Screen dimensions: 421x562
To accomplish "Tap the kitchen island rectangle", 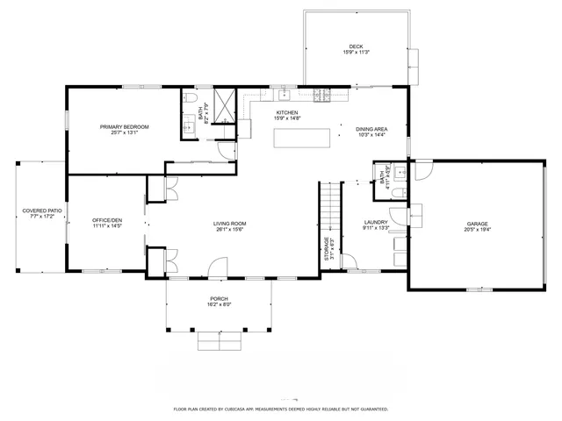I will tap(304, 138).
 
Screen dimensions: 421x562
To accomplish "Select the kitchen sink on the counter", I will tap(285, 94).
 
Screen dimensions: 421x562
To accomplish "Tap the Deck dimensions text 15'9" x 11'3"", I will tap(356, 53).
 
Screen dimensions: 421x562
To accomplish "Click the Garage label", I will tap(477, 224).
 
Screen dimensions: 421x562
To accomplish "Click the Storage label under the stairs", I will tap(328, 248).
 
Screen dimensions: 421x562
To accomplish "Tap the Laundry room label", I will tap(376, 223).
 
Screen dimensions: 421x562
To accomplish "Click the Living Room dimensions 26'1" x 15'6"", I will tap(230, 230).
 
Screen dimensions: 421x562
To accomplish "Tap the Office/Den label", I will tap(107, 219).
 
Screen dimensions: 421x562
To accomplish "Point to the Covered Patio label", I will tap(42, 210).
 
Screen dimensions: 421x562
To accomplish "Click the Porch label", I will tap(219, 299).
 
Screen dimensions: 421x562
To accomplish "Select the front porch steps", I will tap(217, 339).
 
